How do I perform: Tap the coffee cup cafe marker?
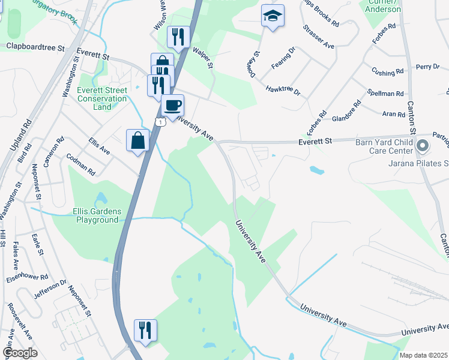click(x=173, y=106)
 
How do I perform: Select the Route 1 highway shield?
click(x=160, y=122)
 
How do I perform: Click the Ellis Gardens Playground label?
click(x=96, y=215)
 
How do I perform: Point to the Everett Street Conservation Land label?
click(x=103, y=98)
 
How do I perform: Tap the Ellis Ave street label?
click(x=99, y=145)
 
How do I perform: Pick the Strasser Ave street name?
click(x=319, y=37)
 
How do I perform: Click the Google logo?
click(x=20, y=352)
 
